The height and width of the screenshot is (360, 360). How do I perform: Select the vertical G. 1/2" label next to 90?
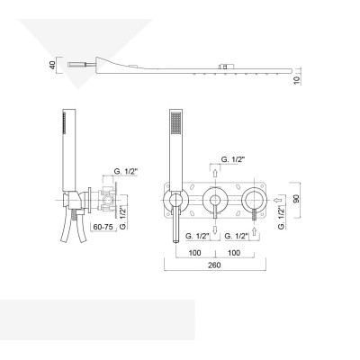[x=282, y=216]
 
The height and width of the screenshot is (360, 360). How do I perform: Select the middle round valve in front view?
[x=215, y=200]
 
